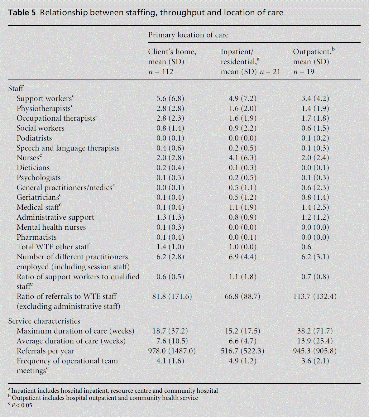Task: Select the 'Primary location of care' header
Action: point(188,35)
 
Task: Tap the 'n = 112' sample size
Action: point(161,72)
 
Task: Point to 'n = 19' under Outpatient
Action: point(304,72)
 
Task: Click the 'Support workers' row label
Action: point(44,98)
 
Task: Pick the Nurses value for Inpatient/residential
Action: point(242,158)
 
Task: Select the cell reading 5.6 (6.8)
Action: point(170,98)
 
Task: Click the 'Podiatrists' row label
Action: point(34,138)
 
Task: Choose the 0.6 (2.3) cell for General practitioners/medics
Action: point(315,188)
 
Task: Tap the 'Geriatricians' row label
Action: point(38,197)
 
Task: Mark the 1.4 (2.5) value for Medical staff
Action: point(315,207)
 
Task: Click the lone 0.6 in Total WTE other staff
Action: point(306,247)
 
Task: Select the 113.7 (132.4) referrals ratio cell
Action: point(315,296)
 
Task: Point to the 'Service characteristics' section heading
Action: point(44,321)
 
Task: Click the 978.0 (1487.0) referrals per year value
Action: point(172,351)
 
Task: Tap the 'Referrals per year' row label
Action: point(45,351)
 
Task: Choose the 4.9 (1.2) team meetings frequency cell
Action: point(242,361)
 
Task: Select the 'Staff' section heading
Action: point(16,89)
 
